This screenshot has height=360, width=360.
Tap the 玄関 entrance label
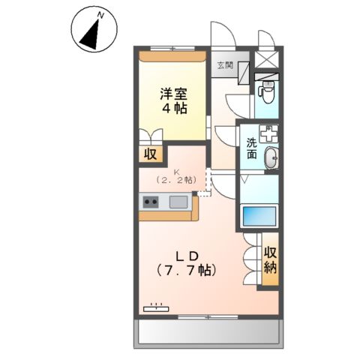click(x=225, y=65)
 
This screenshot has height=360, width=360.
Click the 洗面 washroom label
click(x=250, y=148)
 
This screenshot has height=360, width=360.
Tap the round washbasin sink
click(x=271, y=157)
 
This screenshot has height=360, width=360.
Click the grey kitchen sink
click(x=178, y=202)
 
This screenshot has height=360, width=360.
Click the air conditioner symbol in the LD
click(x=156, y=306)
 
